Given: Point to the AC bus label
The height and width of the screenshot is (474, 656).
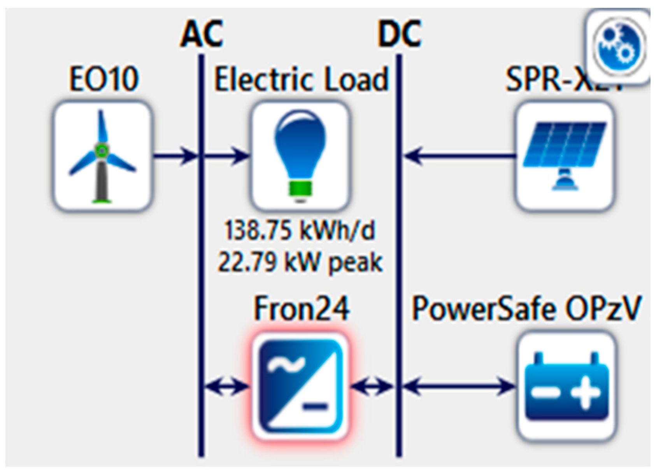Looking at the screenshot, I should click(x=201, y=34).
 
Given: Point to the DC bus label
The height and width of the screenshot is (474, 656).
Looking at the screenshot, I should click(x=399, y=34).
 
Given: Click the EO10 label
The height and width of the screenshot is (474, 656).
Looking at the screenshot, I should click(x=103, y=79).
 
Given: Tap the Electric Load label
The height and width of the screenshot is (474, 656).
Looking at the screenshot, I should click(x=301, y=79).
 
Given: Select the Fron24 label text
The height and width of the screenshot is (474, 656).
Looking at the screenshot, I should click(x=301, y=309).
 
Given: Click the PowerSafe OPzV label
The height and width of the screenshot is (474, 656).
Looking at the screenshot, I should click(x=525, y=309).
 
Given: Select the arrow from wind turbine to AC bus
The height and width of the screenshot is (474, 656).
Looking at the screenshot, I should click(x=175, y=156).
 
